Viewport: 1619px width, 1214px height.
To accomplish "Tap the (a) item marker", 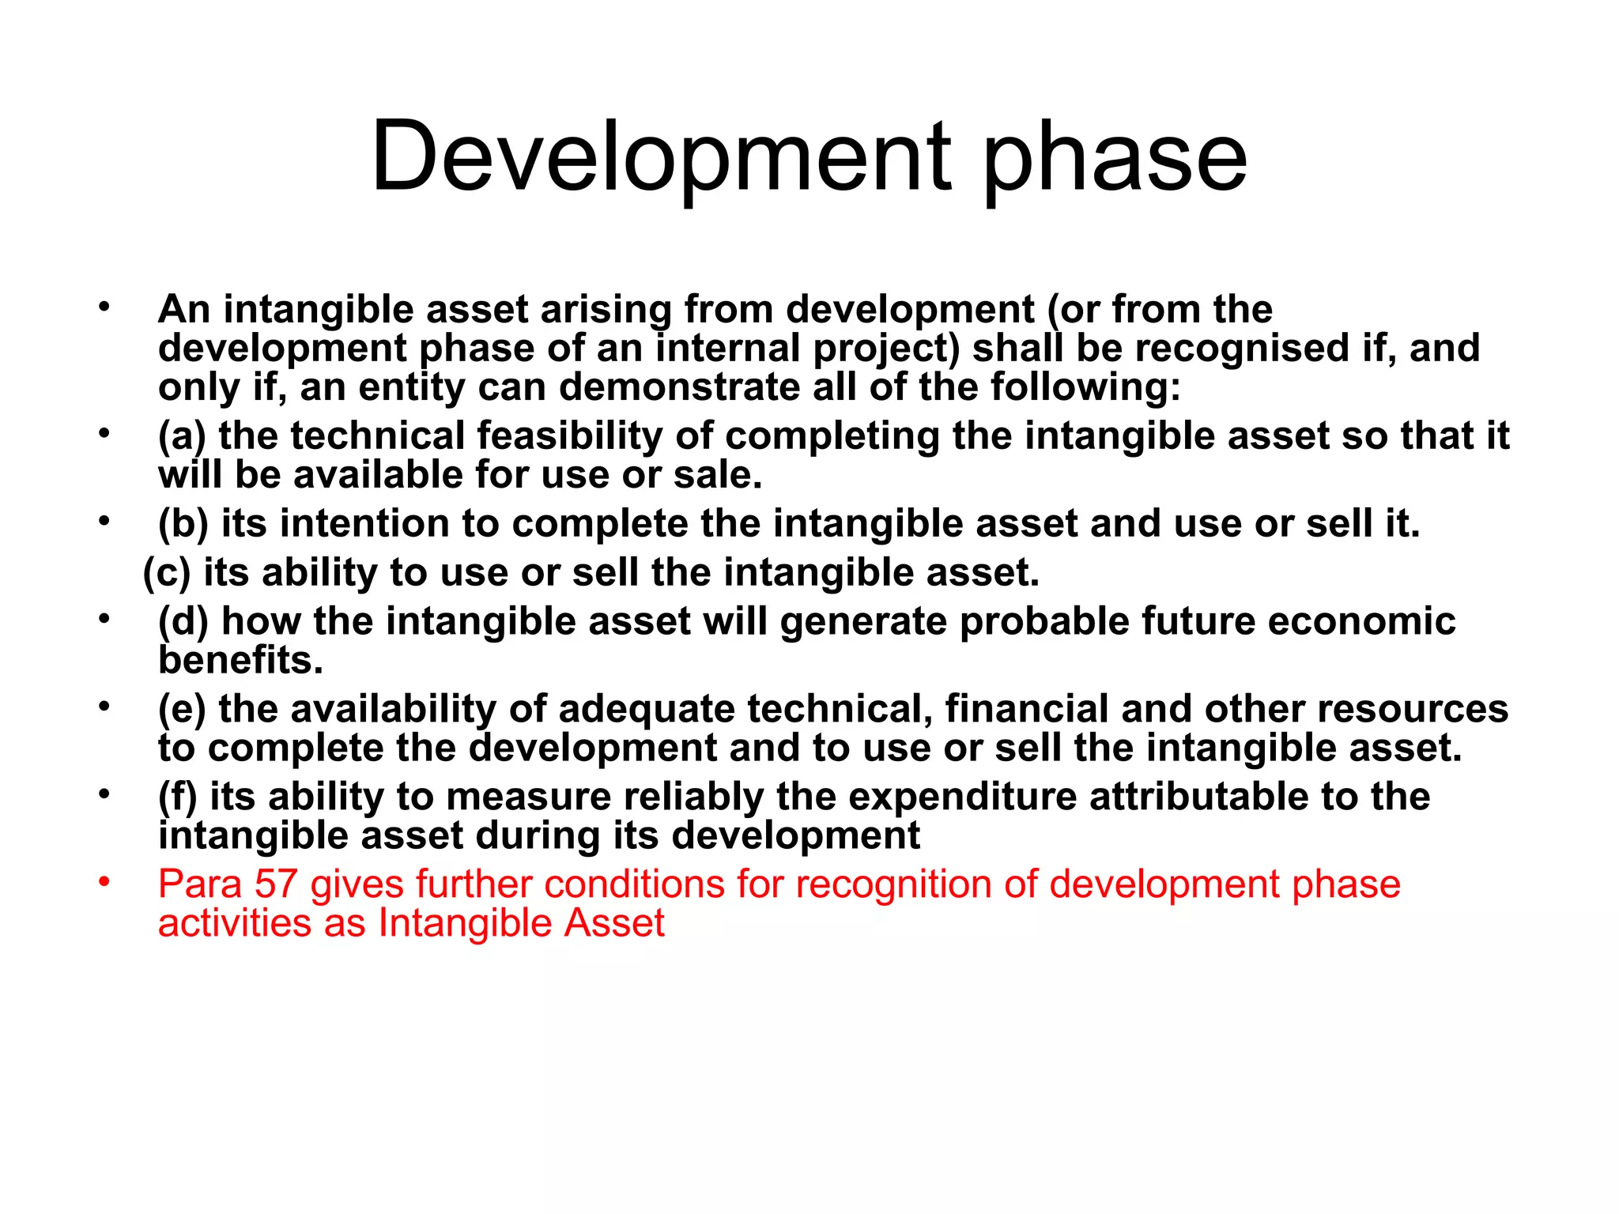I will pyautogui.click(x=182, y=437).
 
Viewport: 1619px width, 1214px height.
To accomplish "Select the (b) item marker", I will pyautogui.click(x=183, y=525).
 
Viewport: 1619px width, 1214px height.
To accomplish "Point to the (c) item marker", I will pyautogui.click(x=167, y=574).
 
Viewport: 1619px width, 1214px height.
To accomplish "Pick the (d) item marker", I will pyautogui.click(x=183, y=622).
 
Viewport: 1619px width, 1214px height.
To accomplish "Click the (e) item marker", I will pyautogui.click(x=182, y=710).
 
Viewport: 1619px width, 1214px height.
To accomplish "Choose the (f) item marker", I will pyautogui.click(x=177, y=797).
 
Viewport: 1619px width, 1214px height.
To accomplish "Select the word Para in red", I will pyautogui.click(x=199, y=884).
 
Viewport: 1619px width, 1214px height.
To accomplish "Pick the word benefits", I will pyautogui.click(x=240, y=661).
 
